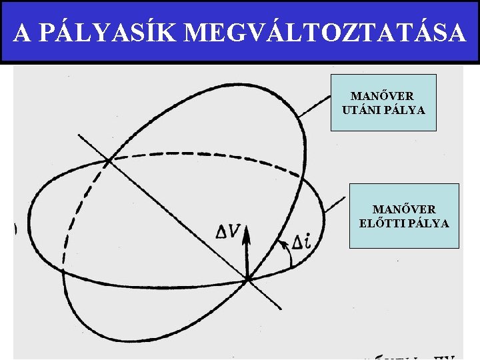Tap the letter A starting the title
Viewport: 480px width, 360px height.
[x=21, y=32]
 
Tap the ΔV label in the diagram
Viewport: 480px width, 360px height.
[x=229, y=232]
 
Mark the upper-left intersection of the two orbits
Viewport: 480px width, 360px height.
[x=108, y=160]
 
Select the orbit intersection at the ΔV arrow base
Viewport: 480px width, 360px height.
[x=247, y=279]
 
